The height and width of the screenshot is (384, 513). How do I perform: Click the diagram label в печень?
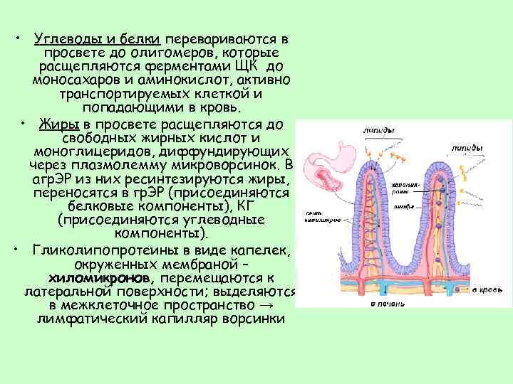tap(384, 304)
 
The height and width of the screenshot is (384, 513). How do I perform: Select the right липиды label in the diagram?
tap(466, 148)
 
